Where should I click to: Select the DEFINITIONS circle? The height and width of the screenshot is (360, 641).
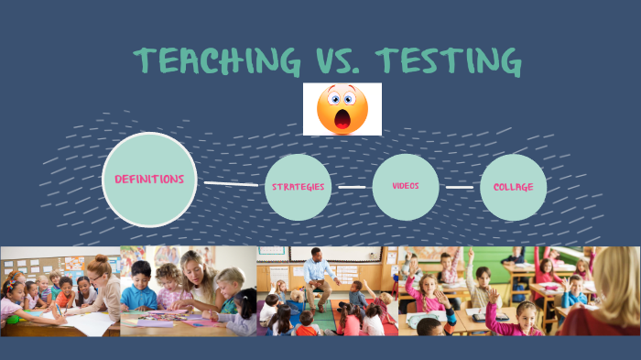(x=149, y=180)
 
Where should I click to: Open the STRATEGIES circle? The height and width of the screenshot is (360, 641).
(x=298, y=187)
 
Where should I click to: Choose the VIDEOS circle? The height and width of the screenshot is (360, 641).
(x=406, y=187)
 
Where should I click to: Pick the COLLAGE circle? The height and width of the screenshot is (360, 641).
(x=513, y=187)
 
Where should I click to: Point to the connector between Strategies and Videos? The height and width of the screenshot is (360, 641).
(x=352, y=187)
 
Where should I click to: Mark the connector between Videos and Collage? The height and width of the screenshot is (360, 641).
(x=460, y=187)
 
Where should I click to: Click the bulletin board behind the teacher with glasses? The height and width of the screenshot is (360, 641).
(x=37, y=260)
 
